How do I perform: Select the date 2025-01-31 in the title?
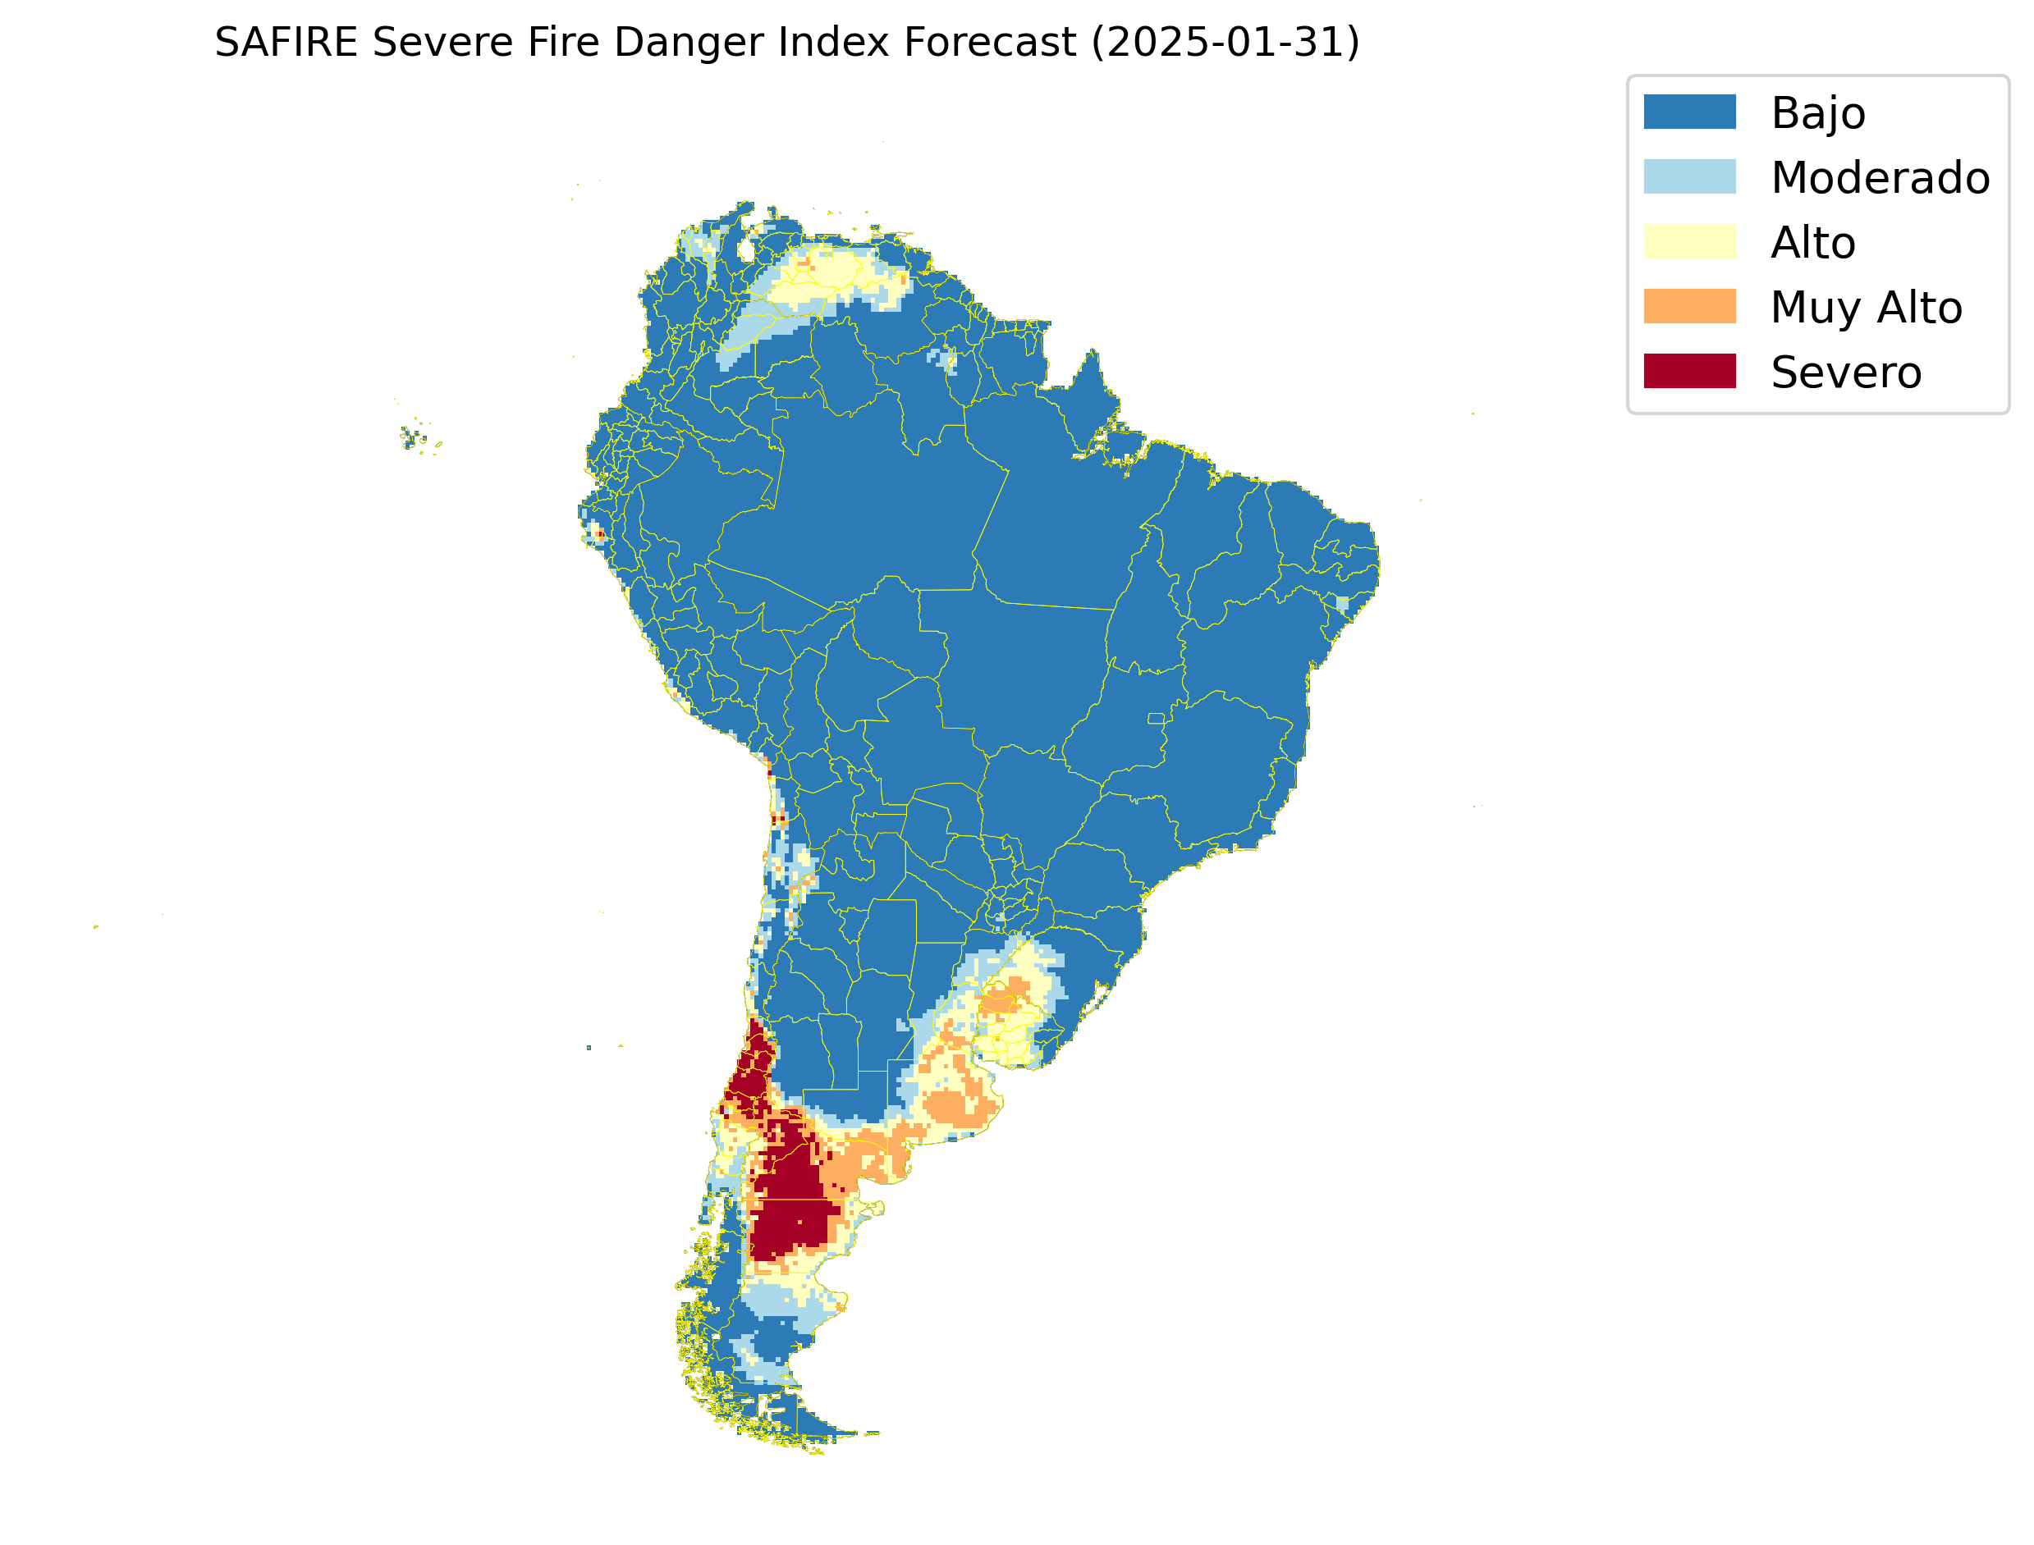tap(1225, 43)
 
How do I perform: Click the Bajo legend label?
tap(1818, 113)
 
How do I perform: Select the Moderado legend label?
tap(1880, 177)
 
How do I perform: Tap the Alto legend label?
tap(1812, 243)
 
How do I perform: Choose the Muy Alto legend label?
tap(1866, 307)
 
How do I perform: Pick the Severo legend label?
tap(1845, 373)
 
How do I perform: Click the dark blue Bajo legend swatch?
tap(1689, 112)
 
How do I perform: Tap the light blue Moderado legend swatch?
tap(1689, 176)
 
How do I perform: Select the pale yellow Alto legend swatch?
tap(1689, 242)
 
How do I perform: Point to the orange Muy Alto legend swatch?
tap(1689, 306)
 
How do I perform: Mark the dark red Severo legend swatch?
tap(1689, 372)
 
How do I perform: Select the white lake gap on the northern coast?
tap(746, 249)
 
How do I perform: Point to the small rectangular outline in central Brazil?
tap(1156, 718)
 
